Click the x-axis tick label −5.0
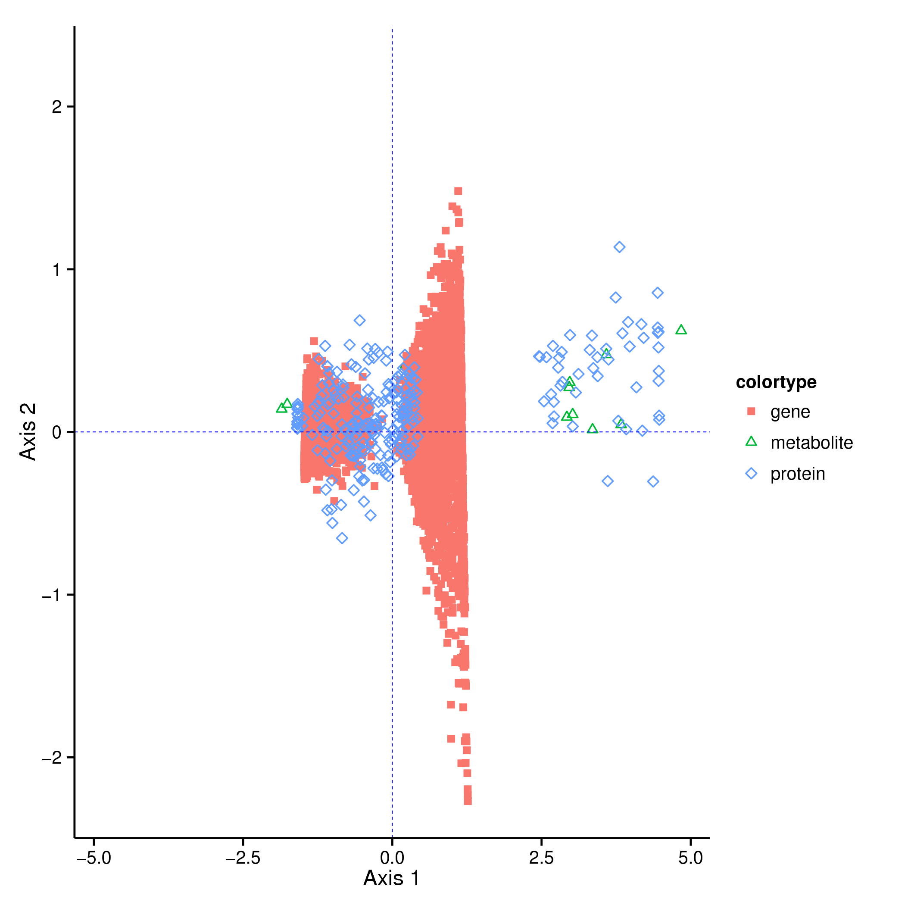click(x=94, y=858)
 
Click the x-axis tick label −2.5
click(x=243, y=858)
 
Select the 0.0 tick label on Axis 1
click(x=392, y=858)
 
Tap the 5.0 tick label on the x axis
click(x=690, y=858)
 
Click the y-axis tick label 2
click(x=57, y=107)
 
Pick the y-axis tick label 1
click(x=57, y=270)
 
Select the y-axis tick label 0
click(x=57, y=432)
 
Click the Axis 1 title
click(x=392, y=879)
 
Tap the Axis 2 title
click(x=28, y=432)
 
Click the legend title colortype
click(x=776, y=382)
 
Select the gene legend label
click(x=790, y=412)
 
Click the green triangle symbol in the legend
click(x=751, y=442)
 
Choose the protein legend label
click(x=798, y=474)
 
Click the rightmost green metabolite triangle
click(x=681, y=330)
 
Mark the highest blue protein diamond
click(x=619, y=247)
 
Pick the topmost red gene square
click(x=458, y=191)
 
